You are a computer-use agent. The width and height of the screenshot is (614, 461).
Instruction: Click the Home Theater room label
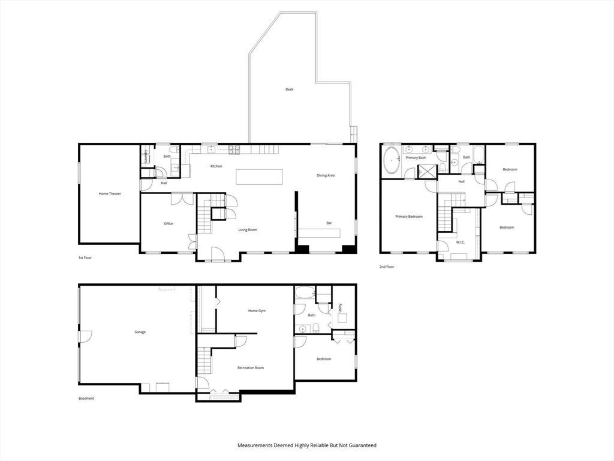pos(110,194)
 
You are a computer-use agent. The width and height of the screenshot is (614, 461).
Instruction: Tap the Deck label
pos(290,89)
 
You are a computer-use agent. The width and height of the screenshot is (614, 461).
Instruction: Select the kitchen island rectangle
pos(259,177)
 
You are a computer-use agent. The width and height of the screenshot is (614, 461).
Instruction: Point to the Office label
pos(168,224)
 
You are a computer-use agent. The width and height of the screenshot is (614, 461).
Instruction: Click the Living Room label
pos(248,230)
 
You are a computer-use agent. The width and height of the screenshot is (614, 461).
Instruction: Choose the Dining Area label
pos(326,176)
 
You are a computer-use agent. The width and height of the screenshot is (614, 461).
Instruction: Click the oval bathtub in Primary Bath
pos(391,161)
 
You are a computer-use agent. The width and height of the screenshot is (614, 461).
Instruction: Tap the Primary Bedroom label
pos(409,216)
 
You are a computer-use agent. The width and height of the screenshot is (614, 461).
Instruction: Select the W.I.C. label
pos(460,243)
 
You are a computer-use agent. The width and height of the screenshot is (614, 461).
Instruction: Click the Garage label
pos(140,332)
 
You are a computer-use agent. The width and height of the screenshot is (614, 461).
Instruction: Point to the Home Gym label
pos(257,311)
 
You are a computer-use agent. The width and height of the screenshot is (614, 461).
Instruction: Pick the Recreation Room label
pos(251,368)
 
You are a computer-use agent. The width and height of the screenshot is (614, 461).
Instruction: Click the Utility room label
pos(341,308)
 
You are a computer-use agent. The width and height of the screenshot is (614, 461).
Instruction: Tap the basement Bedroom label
pos(324,359)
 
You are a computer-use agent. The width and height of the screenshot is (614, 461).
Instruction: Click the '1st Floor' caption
pos(85,258)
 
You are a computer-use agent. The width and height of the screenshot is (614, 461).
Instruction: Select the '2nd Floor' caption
pos(387,267)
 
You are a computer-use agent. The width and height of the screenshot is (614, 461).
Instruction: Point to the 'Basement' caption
pos(86,399)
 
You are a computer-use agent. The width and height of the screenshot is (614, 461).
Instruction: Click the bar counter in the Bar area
pos(320,233)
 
